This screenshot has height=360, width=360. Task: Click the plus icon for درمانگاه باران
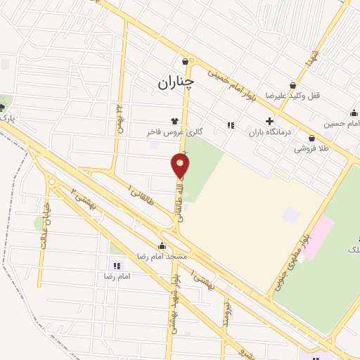pyautogui.click(x=269, y=120)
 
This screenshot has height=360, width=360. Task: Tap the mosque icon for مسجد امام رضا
pyautogui.click(x=162, y=246)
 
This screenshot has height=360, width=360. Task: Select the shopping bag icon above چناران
pyautogui.click(x=185, y=61)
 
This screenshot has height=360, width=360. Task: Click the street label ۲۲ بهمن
pyautogui.click(x=119, y=116)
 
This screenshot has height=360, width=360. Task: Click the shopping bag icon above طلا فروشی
pyautogui.click(x=311, y=139)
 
